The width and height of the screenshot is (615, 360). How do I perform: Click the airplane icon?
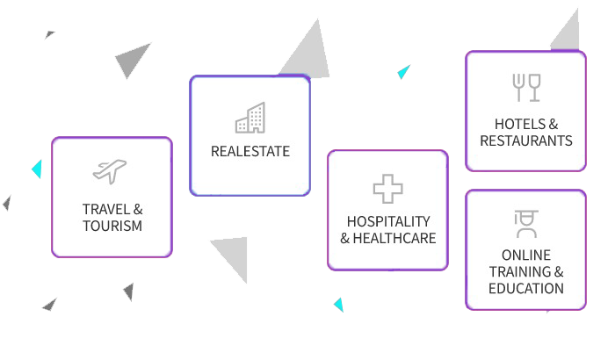(x=110, y=171)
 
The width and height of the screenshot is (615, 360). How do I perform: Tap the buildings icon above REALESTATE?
(x=250, y=118)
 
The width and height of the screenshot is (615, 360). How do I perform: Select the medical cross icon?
(x=388, y=189)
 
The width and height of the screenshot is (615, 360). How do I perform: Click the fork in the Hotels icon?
(x=518, y=88)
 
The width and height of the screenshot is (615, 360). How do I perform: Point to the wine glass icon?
(x=534, y=88)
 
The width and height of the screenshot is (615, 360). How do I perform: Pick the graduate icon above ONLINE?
(x=526, y=224)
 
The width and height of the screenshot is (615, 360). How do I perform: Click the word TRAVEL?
(x=106, y=209)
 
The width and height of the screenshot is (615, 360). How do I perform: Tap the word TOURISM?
(x=112, y=226)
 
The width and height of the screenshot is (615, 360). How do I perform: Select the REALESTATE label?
(x=250, y=151)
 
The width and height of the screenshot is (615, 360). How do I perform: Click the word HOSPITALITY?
(x=388, y=221)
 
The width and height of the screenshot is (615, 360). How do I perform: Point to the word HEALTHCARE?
(x=394, y=238)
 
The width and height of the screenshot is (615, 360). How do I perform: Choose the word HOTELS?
(x=520, y=125)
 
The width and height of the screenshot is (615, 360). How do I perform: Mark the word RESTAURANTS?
(x=526, y=140)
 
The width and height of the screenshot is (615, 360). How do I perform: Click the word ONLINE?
(x=526, y=256)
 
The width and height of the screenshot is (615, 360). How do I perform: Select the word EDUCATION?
(x=526, y=289)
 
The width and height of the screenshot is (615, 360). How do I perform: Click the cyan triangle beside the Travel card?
(x=37, y=169)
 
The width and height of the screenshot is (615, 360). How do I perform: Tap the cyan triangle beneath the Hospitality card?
(x=339, y=305)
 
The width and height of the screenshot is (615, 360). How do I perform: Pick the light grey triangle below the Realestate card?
(x=234, y=255)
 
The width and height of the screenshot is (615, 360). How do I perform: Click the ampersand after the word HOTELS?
(x=553, y=125)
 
